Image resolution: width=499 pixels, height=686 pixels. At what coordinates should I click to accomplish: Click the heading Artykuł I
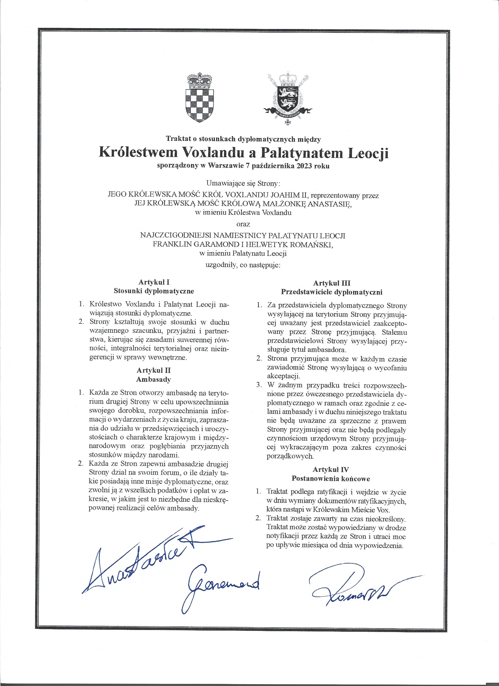pos(154,282)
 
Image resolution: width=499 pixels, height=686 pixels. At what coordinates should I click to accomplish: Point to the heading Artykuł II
pos(154,371)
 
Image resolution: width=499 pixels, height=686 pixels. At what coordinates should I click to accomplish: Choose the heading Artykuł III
pos(332,283)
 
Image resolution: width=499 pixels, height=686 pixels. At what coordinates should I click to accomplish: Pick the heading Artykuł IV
pos(331,469)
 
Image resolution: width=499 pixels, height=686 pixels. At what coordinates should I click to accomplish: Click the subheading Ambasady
pos(154,379)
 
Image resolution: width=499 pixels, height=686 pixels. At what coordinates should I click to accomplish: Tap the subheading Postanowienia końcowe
pos(331,479)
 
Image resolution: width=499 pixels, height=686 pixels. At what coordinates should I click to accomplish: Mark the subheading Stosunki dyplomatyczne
pos(154,291)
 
